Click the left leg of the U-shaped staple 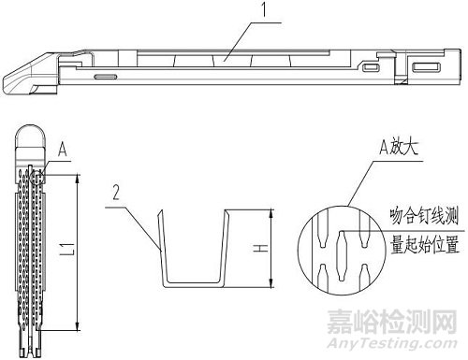(160, 248)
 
